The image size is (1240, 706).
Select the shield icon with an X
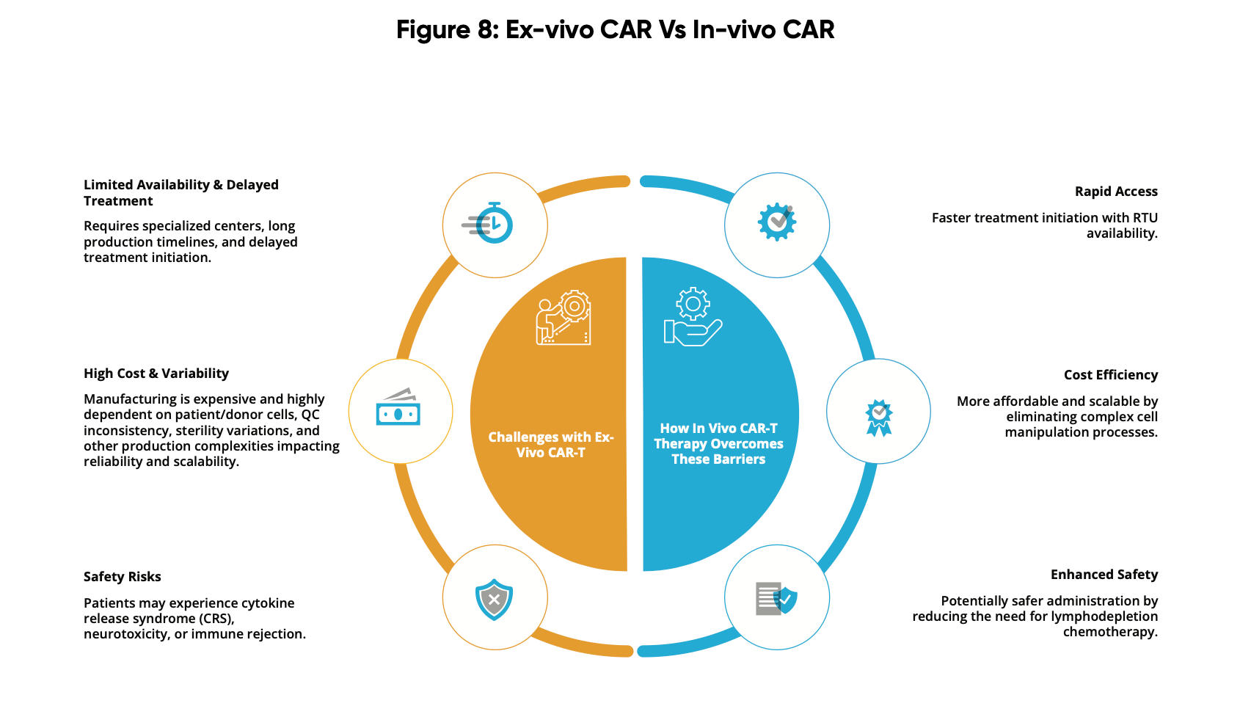(x=495, y=600)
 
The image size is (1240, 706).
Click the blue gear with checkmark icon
(x=777, y=222)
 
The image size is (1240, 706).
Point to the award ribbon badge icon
(x=878, y=418)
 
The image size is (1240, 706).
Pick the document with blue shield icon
(x=777, y=598)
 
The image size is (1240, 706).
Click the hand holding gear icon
(x=693, y=317)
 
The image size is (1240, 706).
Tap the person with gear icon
(x=564, y=317)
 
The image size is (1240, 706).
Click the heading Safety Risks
(x=123, y=576)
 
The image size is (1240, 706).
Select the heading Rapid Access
(x=1116, y=191)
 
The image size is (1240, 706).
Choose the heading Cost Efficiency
(x=1110, y=375)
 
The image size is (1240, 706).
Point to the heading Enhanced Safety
(x=1104, y=575)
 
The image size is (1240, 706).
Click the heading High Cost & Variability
(x=156, y=374)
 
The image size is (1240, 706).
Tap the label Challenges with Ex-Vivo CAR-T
(x=551, y=445)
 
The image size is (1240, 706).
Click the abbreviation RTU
(x=1145, y=218)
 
